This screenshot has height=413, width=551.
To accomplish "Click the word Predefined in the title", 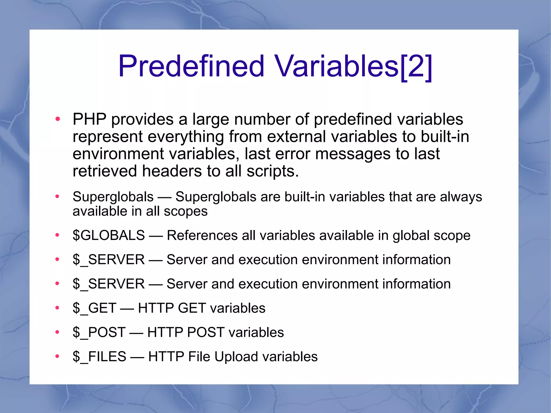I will coord(191,66).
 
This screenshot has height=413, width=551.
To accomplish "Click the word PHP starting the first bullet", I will coord(89,119).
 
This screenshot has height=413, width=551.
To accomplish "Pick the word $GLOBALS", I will coord(109,235).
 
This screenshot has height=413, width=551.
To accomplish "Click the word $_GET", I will coord(94,308).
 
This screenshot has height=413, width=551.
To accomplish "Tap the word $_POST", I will coord(99,332).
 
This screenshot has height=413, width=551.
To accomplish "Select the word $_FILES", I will coord(99,356).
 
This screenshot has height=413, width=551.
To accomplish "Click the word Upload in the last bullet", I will coord(237,356).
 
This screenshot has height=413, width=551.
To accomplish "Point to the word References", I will coord(202,235).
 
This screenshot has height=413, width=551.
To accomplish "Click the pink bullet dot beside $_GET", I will coord(57,308).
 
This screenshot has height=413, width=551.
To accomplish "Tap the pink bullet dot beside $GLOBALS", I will coord(57,235).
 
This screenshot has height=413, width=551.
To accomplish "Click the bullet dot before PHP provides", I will coord(57,119).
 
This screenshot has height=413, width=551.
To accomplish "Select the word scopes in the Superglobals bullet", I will coord(186,211).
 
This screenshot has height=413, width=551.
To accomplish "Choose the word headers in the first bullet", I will coord(172,171).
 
